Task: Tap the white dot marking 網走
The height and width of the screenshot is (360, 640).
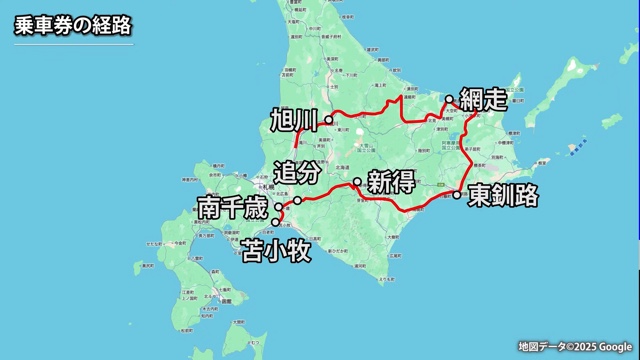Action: coord(450,99)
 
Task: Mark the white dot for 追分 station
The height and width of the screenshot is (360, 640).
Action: coord(297,201)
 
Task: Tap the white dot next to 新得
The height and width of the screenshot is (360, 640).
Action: coord(357,182)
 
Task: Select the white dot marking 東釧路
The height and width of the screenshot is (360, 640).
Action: coord(457,194)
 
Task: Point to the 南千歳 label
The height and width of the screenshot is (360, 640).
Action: coord(232,209)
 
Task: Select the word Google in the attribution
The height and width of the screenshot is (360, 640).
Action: coord(611,347)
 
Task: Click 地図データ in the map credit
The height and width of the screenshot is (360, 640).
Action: coord(539,347)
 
